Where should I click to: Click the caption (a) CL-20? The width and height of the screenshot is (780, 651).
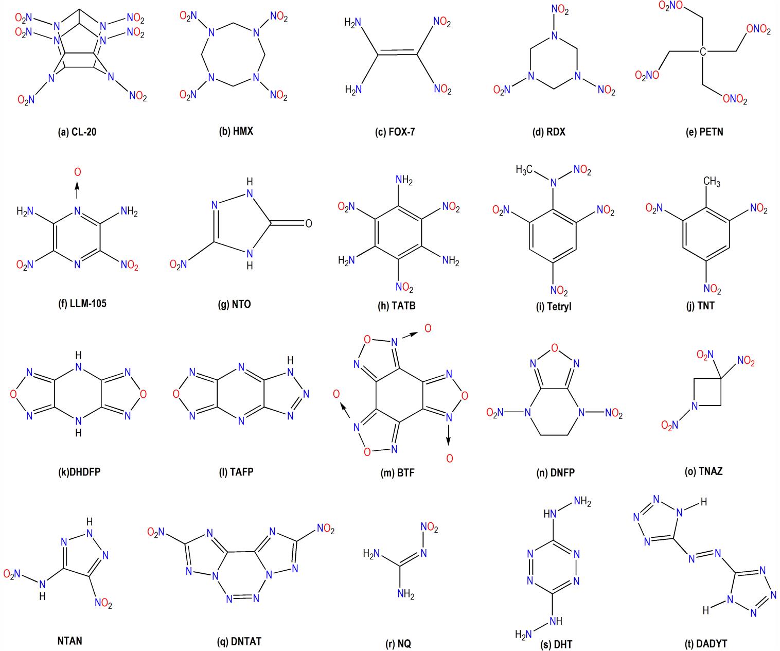[77, 132]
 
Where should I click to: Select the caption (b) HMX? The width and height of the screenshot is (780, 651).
[236, 131]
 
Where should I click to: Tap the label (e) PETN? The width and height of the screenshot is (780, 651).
[704, 132]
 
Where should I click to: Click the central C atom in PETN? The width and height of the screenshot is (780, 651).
[703, 51]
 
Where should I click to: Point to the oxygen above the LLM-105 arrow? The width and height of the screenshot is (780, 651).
[77, 172]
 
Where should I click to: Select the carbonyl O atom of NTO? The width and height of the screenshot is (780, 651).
[309, 223]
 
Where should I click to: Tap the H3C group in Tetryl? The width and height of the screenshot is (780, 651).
[524, 170]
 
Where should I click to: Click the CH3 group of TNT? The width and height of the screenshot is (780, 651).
[712, 182]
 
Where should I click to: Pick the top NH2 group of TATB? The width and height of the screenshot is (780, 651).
[404, 180]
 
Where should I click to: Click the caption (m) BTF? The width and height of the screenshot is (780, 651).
[397, 473]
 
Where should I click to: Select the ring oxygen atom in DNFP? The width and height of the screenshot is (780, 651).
[554, 348]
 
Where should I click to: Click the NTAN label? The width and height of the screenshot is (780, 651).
[69, 641]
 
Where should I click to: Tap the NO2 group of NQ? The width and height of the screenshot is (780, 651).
[429, 527]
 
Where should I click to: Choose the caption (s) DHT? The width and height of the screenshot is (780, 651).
[556, 644]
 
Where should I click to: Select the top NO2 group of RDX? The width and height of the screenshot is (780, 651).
[560, 10]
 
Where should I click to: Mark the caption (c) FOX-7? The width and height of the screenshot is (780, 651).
[395, 132]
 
